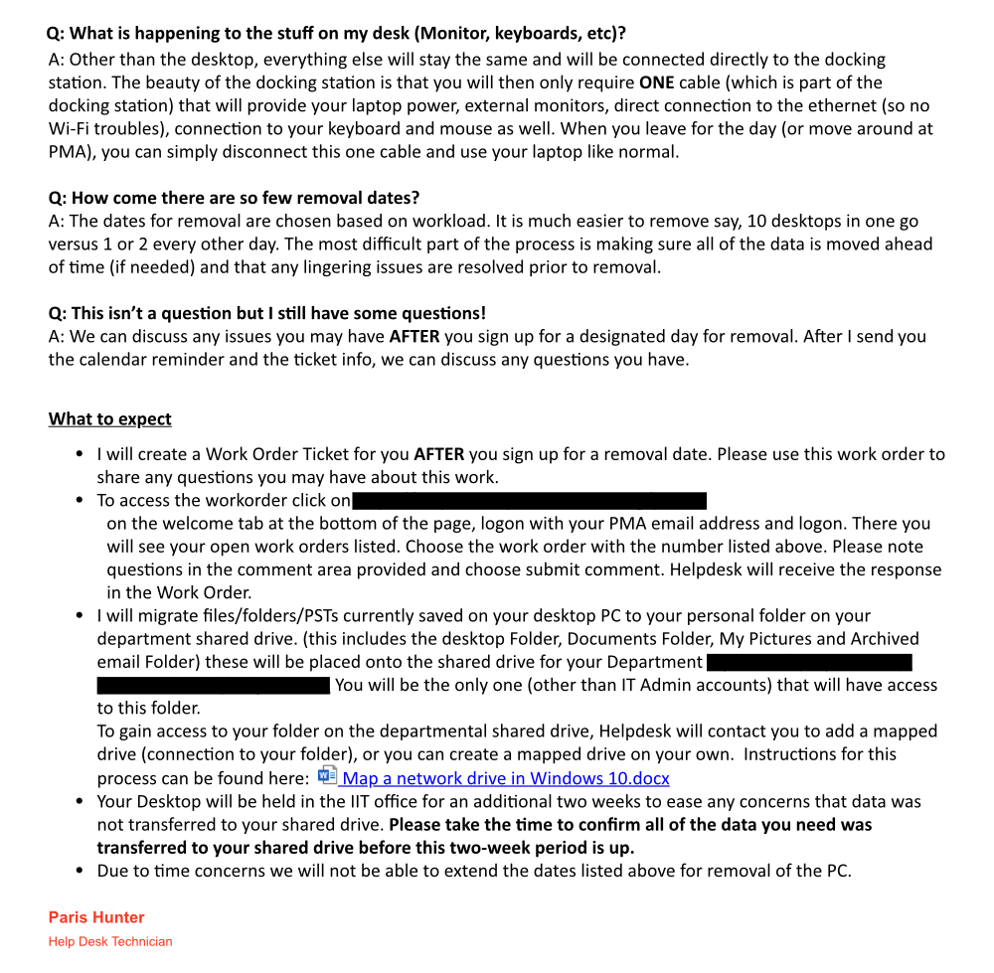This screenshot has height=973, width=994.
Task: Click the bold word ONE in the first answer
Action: coord(657,82)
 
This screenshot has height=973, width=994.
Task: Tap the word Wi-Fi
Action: coord(71,129)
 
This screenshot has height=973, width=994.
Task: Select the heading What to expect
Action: coord(109,418)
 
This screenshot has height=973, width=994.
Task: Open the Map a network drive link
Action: coord(505,778)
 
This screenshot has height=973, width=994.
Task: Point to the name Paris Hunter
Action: coord(96,917)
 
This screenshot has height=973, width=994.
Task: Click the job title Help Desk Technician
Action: coord(110,941)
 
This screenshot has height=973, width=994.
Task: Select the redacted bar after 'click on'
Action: coord(529,500)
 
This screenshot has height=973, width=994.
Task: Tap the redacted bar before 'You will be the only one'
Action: coord(213,685)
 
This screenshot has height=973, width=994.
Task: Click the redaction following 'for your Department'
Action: coord(809,662)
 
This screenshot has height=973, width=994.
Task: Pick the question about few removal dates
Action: coord(234,198)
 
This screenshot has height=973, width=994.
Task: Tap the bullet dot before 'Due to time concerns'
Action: coord(80,872)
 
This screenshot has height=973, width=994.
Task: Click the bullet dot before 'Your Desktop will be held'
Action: coord(80,802)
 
